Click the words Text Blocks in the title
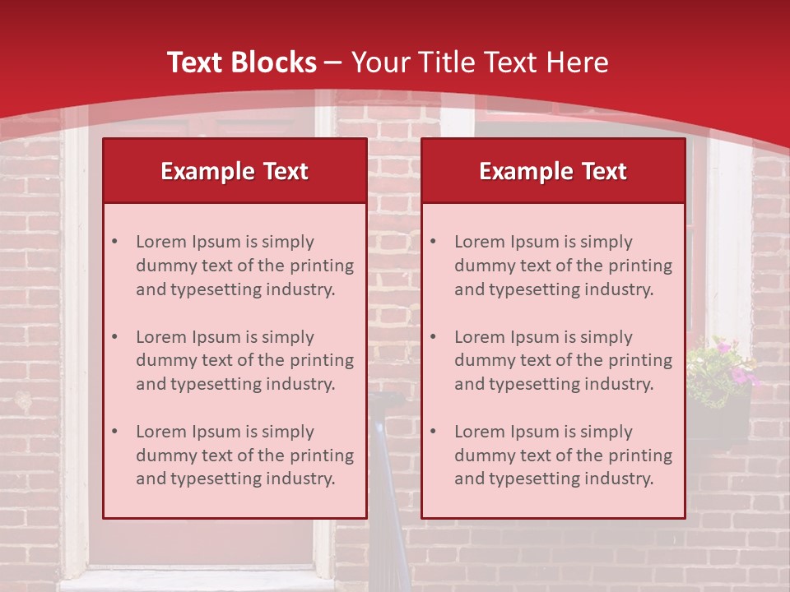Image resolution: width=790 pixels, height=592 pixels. point(242,62)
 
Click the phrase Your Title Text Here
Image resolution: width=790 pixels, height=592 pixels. point(480,62)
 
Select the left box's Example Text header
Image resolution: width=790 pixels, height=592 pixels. point(235,171)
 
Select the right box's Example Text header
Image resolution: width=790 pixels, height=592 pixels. point(553,171)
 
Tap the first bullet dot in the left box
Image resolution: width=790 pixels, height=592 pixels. point(114,242)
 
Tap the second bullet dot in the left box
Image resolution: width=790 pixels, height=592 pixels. point(114,337)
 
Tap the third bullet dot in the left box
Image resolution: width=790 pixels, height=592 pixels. point(114,432)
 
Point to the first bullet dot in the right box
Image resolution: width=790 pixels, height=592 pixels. point(433,242)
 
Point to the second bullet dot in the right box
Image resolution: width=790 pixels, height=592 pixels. point(433,337)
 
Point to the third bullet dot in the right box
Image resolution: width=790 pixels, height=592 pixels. point(433,432)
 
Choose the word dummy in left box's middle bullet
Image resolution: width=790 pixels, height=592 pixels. point(161,360)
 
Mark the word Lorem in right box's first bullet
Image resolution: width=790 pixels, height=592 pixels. point(480,242)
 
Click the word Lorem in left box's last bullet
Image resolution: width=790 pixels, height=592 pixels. point(161,432)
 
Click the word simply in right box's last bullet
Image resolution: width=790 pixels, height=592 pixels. point(606,432)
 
